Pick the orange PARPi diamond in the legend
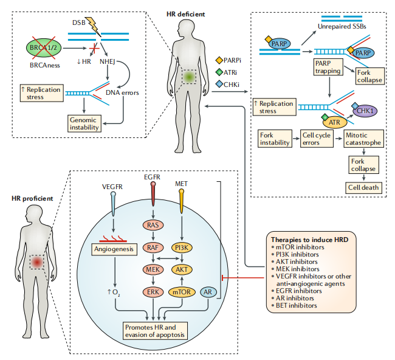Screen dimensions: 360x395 (220, 60)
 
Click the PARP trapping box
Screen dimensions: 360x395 (329, 67)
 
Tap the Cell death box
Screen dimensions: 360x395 (363, 187)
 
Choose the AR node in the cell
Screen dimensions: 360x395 (208, 291)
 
